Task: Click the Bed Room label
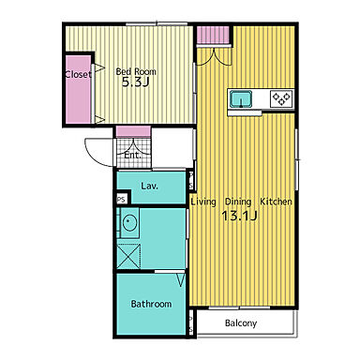[136, 71]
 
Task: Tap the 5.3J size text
[135, 82]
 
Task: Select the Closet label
[78, 74]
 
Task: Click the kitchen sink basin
[241, 98]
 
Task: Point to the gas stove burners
[282, 99]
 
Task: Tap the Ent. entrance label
[132, 155]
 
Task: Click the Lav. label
[149, 186]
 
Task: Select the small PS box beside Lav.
[122, 199]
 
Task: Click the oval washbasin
[129, 222]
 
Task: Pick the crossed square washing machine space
[128, 256]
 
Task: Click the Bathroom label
[151, 304]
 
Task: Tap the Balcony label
[241, 323]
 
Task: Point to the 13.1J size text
[239, 216]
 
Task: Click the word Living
[203, 202]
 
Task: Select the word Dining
[238, 202]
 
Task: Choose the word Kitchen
[277, 202]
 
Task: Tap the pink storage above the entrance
[133, 131]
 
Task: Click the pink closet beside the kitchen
[214, 35]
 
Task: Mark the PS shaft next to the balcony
[191, 322]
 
